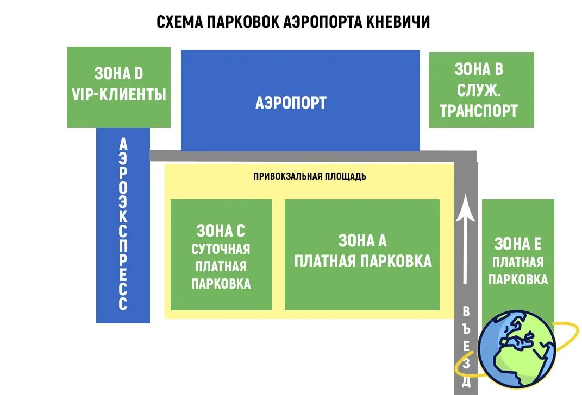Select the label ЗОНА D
(x=118, y=73)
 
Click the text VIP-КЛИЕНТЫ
(x=118, y=94)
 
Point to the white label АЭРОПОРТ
(x=291, y=103)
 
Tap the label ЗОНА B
(x=479, y=69)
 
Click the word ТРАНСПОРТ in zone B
(x=479, y=111)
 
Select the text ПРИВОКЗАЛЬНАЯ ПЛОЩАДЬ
(x=310, y=176)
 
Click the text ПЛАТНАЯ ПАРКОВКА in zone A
(x=362, y=261)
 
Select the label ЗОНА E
(x=518, y=244)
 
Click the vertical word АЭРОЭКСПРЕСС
(x=123, y=224)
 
